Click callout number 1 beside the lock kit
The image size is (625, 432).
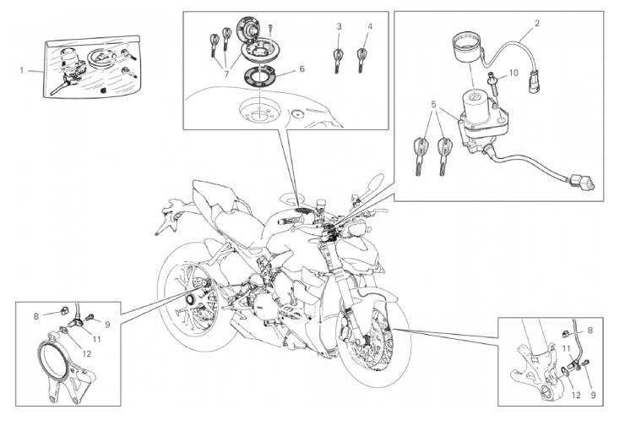tap(22, 71)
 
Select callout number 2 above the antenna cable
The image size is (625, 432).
tap(537, 23)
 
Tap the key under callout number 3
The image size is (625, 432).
tap(339, 60)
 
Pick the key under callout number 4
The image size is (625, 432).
tap(362, 60)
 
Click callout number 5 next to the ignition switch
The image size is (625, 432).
tap(433, 105)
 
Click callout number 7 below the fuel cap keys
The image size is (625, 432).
tap(226, 74)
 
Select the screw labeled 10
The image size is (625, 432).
tap(492, 84)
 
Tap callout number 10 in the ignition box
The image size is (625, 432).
tap(514, 73)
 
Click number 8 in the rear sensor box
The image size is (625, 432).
tap(35, 316)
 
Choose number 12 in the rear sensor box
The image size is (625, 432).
tap(86, 353)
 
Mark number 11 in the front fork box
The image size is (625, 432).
tap(566, 348)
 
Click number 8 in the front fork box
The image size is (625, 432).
tap(590, 331)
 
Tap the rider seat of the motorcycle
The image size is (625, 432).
tap(236, 222)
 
